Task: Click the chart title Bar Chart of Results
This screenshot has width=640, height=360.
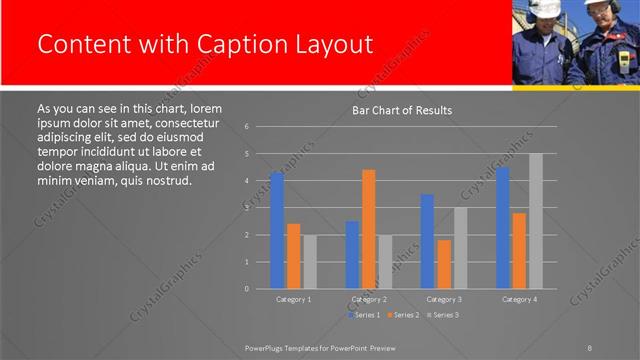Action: click(x=402, y=110)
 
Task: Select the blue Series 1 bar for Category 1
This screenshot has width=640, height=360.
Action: click(x=277, y=230)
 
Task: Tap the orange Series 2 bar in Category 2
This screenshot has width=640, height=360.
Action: click(x=369, y=229)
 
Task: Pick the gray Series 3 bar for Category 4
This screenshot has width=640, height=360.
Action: click(x=536, y=221)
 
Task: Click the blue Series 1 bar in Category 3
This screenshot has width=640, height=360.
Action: click(x=427, y=241)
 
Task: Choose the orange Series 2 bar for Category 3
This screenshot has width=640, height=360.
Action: click(x=444, y=264)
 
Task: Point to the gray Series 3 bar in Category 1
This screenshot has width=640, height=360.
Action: click(x=310, y=261)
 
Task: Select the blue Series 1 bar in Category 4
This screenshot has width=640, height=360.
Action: click(x=503, y=228)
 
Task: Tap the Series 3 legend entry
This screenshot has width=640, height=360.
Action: click(x=442, y=315)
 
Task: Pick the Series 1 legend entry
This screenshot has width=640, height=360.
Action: click(x=363, y=315)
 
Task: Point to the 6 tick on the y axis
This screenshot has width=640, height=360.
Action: click(x=246, y=127)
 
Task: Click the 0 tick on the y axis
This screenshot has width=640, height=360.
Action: click(x=246, y=288)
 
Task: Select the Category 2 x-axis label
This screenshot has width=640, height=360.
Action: click(x=369, y=299)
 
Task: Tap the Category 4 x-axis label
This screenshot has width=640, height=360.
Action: click(x=519, y=299)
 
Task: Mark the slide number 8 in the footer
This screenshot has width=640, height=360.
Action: click(x=589, y=347)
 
